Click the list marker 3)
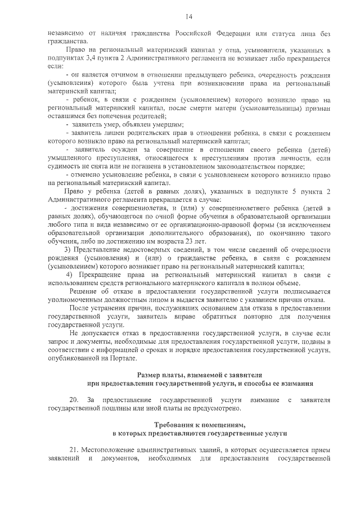68,249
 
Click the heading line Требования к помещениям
199,425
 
